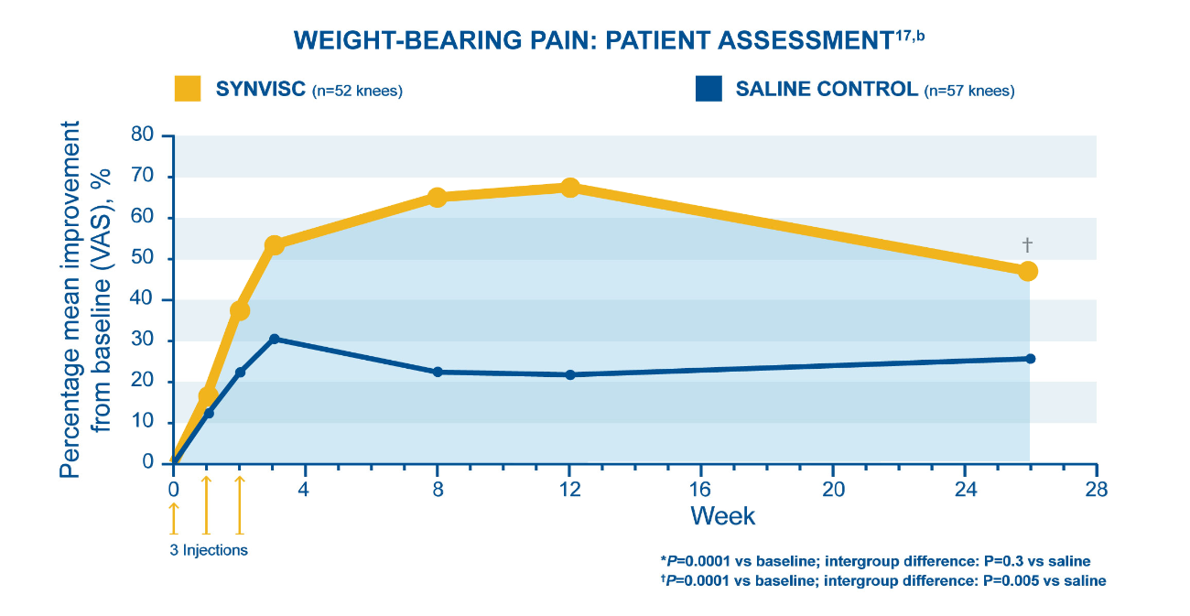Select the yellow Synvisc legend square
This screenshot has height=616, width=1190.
click(188, 89)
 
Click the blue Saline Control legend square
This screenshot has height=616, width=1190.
click(708, 89)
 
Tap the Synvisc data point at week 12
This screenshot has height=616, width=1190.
click(570, 188)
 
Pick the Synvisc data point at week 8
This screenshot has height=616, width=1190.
click(438, 197)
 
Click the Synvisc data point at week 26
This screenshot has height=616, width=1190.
click(1028, 271)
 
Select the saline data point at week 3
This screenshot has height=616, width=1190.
click(274, 339)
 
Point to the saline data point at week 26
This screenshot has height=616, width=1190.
click(1030, 359)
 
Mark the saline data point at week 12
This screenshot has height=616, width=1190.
click(570, 374)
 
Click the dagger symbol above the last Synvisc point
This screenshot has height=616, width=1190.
click(1027, 244)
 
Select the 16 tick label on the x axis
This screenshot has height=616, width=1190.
click(701, 490)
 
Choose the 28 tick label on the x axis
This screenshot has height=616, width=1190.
click(1096, 490)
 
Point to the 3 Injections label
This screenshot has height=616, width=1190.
click(209, 550)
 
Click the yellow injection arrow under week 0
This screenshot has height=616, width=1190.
click(174, 517)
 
